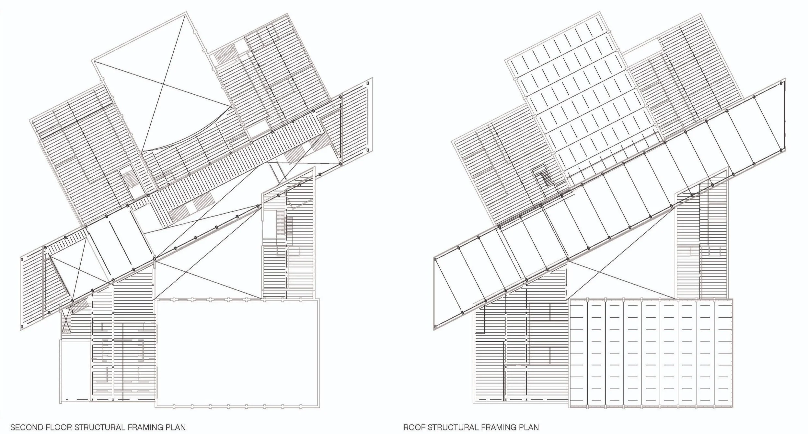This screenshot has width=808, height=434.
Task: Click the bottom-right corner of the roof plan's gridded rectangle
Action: (732, 407)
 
